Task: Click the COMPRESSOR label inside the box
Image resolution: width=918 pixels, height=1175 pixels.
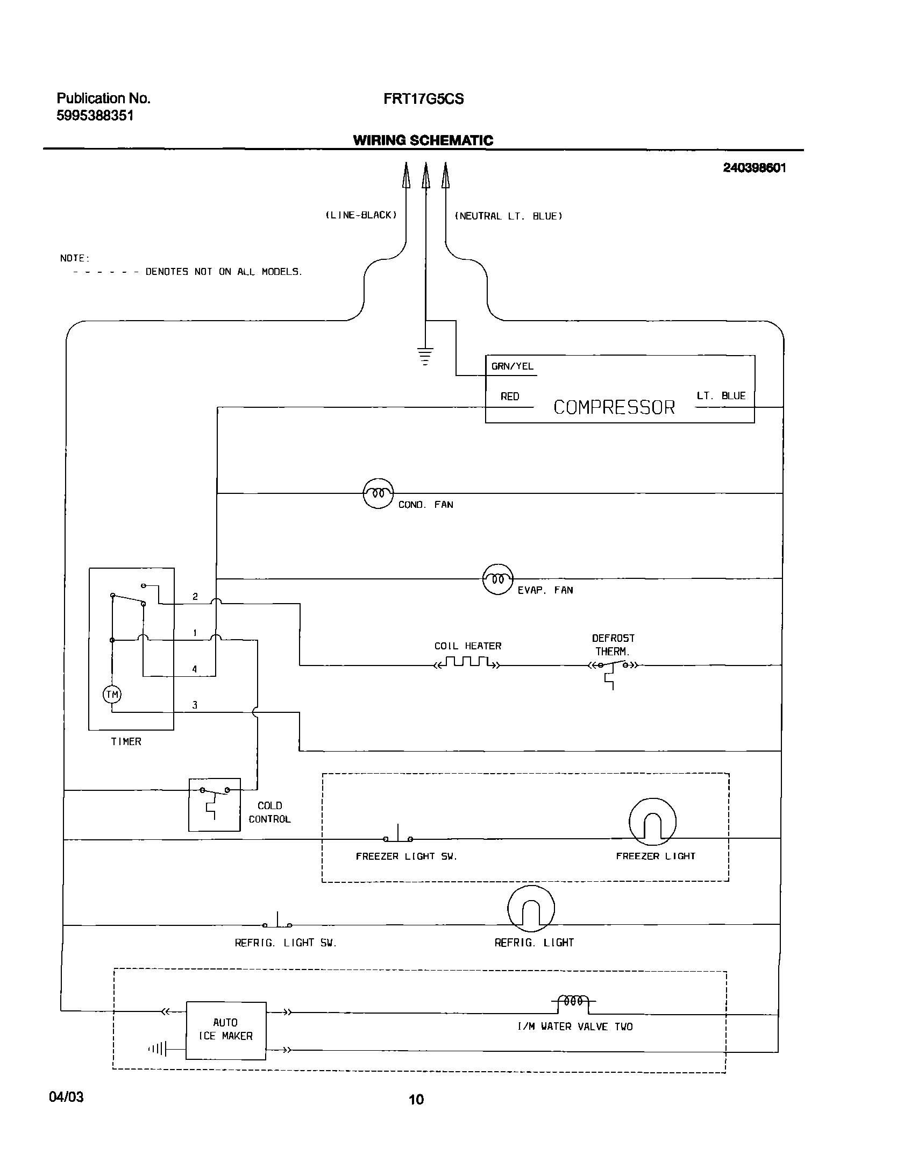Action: click(x=614, y=407)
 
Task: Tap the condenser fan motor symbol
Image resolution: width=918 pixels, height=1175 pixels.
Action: click(x=378, y=493)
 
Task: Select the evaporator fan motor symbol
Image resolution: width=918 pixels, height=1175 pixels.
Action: click(x=498, y=579)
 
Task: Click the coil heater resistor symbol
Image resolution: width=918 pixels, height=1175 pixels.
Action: click(x=467, y=663)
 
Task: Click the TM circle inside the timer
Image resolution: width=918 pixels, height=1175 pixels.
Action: click(x=112, y=695)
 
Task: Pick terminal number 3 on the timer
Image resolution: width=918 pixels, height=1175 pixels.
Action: click(x=195, y=705)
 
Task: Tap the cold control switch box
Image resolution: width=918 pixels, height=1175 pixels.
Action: click(x=214, y=804)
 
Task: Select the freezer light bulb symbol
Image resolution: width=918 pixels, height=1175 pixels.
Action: click(x=652, y=822)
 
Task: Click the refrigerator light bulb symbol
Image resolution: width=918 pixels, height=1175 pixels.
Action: click(x=531, y=909)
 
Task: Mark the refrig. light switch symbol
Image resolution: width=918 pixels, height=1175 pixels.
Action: click(x=277, y=923)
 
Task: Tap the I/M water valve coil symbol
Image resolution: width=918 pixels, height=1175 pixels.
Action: click(x=573, y=1001)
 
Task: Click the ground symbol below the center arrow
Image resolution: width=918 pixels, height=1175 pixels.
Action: click(x=425, y=356)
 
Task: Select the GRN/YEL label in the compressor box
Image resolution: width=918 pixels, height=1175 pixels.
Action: click(x=512, y=366)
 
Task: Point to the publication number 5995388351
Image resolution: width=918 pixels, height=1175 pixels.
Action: click(x=95, y=116)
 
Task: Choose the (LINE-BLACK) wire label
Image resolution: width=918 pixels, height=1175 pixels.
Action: click(x=361, y=215)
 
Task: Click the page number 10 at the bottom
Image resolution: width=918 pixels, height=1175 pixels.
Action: click(x=416, y=1099)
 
